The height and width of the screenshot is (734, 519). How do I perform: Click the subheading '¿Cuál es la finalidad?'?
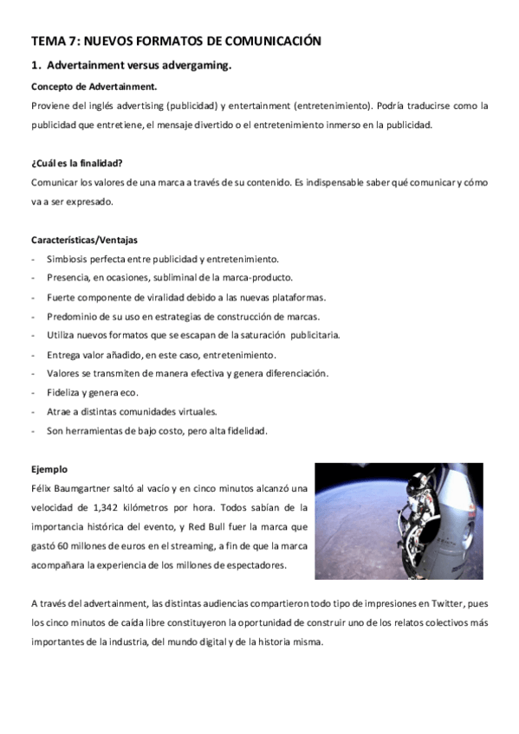click(x=76, y=164)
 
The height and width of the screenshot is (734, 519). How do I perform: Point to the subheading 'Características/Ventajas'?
click(x=84, y=240)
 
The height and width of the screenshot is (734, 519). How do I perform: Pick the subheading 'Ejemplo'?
click(x=49, y=468)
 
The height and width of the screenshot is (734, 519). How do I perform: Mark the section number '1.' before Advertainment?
click(x=36, y=65)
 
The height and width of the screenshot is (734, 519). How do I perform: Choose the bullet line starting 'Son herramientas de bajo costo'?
click(x=157, y=430)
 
